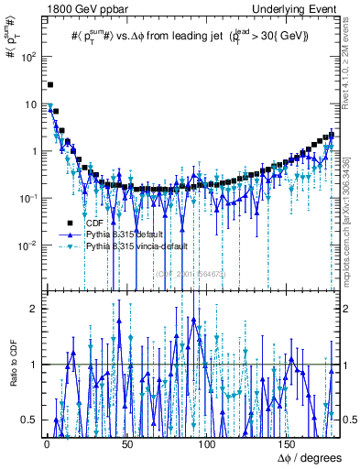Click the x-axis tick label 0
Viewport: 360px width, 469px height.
tap(46, 445)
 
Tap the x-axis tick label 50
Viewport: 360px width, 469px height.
tap(127, 445)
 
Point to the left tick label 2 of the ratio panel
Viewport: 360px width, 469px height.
tap(33, 309)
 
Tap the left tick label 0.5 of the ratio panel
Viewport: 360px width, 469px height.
tap(29, 420)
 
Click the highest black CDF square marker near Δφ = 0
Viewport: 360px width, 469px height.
tap(50, 85)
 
